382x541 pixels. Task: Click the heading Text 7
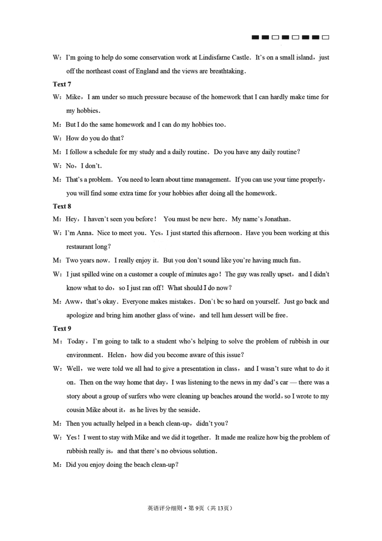point(62,84)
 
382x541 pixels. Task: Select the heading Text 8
point(62,206)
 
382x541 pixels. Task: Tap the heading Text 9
point(62,328)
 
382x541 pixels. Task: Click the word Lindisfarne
point(213,57)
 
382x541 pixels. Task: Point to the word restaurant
point(81,247)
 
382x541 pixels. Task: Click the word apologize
point(81,315)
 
